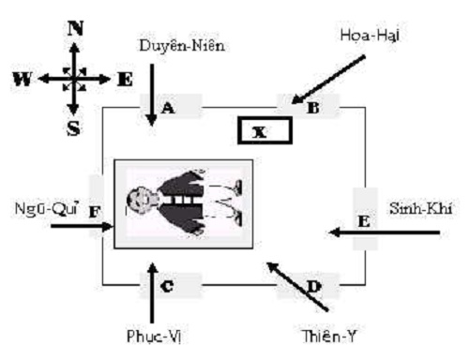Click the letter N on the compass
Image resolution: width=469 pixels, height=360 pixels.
[x=74, y=27]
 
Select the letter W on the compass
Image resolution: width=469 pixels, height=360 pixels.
[x=22, y=79]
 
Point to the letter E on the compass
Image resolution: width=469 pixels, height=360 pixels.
[x=125, y=79]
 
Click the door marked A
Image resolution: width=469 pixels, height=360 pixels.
[x=170, y=108]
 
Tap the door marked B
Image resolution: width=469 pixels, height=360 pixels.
[x=311, y=108]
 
